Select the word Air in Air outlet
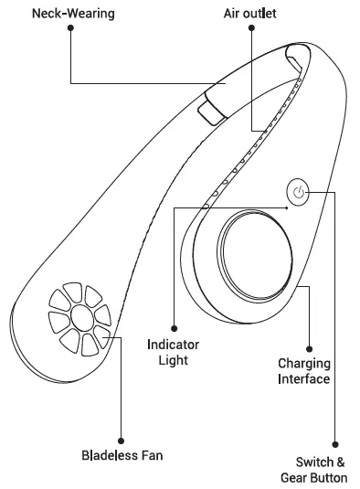[x=233, y=14]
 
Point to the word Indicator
[x=173, y=345]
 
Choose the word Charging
[x=304, y=363]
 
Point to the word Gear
[x=295, y=477]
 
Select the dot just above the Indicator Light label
[x=173, y=326]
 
